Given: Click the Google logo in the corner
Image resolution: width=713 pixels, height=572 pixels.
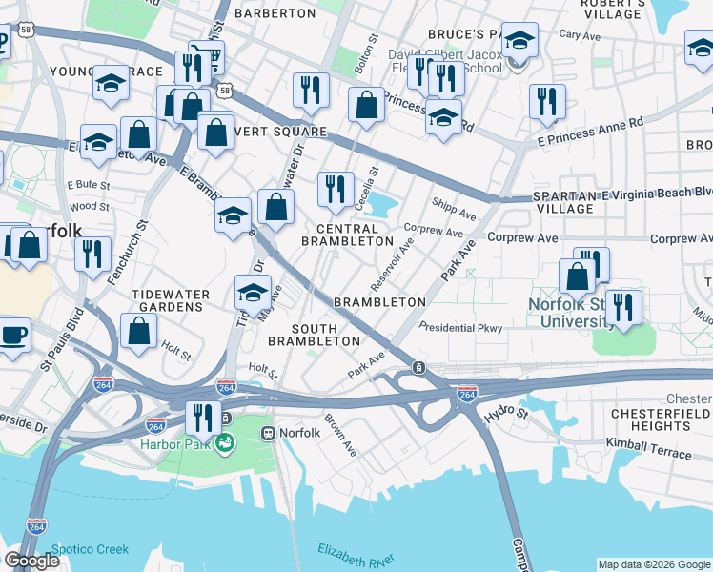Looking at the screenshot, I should click(31, 561).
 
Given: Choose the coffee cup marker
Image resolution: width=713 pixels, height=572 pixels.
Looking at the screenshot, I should click(13, 336).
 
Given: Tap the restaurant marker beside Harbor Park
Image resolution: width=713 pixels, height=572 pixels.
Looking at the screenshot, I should click(202, 416).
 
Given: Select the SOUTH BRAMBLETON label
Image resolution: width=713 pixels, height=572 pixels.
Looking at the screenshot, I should click(314, 334).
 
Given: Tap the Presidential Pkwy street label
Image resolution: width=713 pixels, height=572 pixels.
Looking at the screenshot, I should click(465, 328).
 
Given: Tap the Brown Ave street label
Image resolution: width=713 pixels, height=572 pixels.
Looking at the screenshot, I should click(338, 435).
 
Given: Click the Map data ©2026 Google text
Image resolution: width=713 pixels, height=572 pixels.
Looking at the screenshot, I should click(654, 564).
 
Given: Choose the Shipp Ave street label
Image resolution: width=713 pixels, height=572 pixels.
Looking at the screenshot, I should click(453, 208).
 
